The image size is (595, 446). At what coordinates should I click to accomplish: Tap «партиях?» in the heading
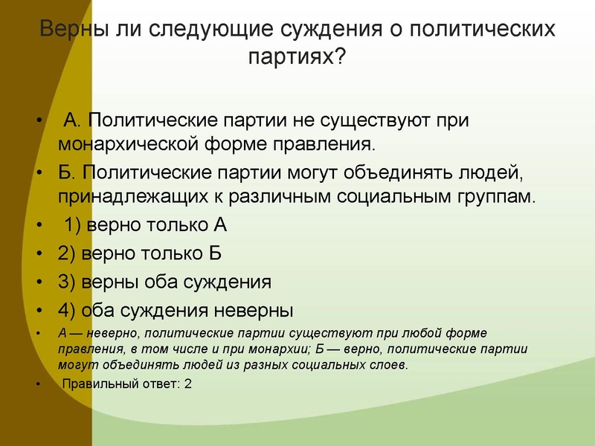coord(297,56)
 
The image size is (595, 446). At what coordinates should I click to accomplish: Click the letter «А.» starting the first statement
coord(71,120)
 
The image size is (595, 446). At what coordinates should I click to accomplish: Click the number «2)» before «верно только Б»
coord(67,253)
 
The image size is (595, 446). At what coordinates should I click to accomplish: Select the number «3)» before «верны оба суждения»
coord(67,282)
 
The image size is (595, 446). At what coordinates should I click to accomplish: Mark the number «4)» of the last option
coord(67,310)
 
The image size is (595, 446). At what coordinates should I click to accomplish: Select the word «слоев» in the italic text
coord(391,365)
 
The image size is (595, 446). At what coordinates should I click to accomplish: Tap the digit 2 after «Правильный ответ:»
coord(188,384)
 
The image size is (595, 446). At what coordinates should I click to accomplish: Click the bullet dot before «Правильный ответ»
coord(39,385)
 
